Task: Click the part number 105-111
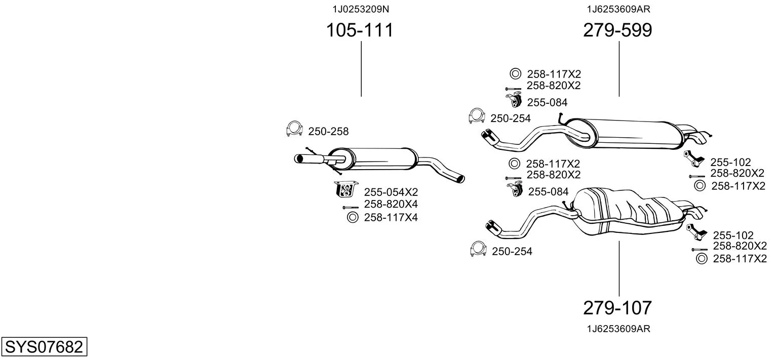point(359,30)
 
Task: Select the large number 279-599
point(617,30)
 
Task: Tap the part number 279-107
point(617,307)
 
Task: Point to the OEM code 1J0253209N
point(361,9)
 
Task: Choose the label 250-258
point(328,132)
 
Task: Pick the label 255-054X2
point(391,192)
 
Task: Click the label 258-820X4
point(391,204)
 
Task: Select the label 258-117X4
point(391,218)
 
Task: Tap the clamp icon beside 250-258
point(294,130)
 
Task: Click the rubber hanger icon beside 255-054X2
point(346,189)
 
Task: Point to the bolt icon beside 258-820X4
point(350,207)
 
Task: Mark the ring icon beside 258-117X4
point(352,218)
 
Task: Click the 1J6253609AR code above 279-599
point(618,9)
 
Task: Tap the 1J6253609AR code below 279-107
point(618,329)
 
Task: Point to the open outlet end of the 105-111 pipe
point(460,179)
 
